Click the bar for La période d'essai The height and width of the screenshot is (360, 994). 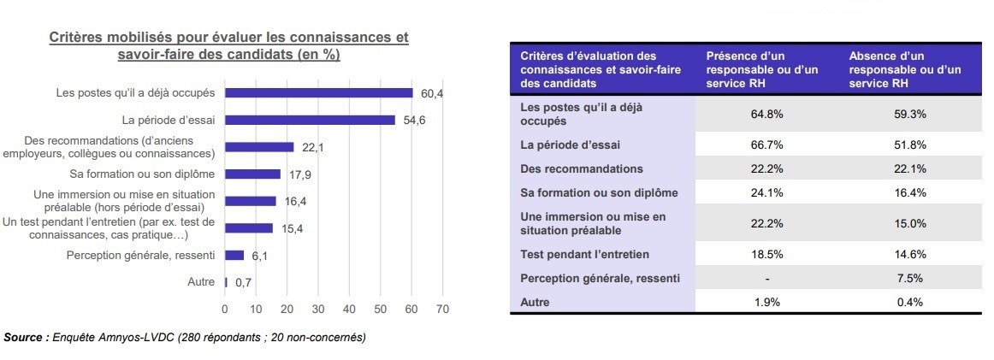pos(310,120)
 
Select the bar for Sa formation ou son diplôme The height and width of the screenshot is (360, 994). pos(252,174)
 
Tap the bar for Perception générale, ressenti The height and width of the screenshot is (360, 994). pos(234,255)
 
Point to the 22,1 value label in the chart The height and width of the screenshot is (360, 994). pos(313,148)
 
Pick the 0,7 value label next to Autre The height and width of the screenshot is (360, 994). pos(244,282)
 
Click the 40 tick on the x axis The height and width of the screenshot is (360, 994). pos(349,310)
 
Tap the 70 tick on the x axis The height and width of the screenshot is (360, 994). pos(442,310)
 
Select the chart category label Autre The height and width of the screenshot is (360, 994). pos(201,282)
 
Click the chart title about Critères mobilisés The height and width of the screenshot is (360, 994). pos(228,46)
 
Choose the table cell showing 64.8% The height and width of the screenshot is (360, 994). pos(767,113)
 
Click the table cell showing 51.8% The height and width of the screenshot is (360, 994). pos(912,145)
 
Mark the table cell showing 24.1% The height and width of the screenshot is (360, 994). pos(767,192)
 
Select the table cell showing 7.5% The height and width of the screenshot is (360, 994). pos(912,278)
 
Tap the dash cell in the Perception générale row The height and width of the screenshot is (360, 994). pos(767,278)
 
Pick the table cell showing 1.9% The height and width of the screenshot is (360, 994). pos(767,302)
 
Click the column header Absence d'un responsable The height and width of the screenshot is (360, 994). pos(906,69)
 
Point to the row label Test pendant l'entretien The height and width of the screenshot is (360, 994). pos(585,254)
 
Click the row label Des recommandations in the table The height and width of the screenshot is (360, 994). pos(582,168)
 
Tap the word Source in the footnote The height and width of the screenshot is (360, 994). pos(25,338)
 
